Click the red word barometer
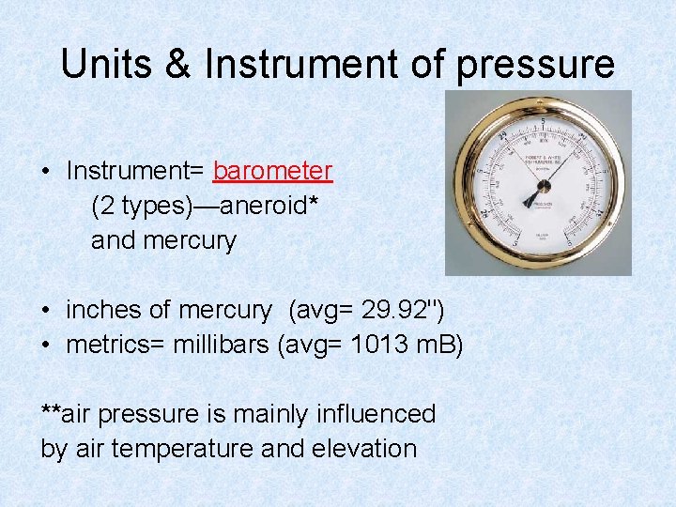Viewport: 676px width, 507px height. tap(272, 171)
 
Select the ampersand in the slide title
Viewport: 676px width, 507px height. tap(182, 65)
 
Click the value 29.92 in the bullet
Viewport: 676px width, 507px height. tap(398, 310)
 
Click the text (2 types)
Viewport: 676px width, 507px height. tap(135, 206)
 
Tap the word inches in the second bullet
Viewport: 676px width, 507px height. tap(97, 310)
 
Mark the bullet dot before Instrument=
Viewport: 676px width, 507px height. tap(45, 172)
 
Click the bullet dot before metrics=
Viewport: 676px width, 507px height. tap(45, 346)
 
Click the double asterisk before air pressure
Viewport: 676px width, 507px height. tap(51, 411)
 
